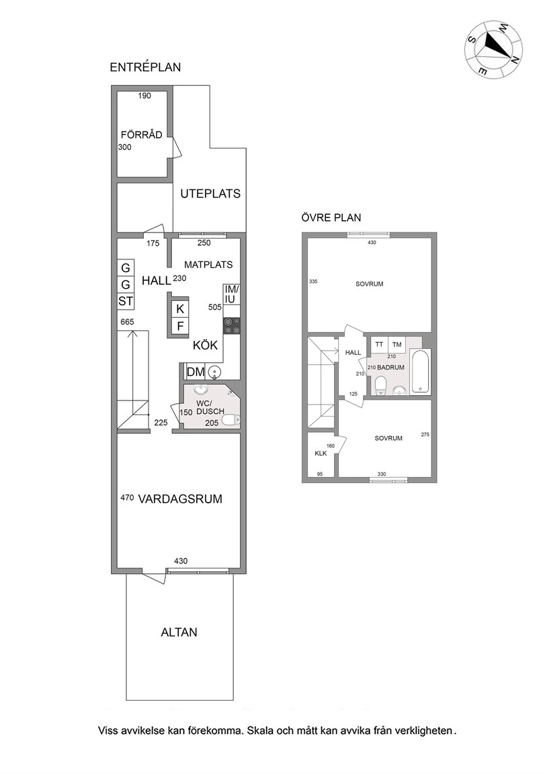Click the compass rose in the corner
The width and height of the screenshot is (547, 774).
click(493, 49)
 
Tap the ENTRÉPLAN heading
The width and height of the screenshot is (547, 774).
click(145, 67)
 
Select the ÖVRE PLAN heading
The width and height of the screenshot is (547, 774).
click(331, 217)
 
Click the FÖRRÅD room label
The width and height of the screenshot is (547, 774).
click(142, 135)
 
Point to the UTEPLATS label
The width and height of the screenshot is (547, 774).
click(210, 193)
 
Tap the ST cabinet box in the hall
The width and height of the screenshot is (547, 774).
click(126, 301)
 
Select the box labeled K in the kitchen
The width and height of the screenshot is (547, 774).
click(180, 310)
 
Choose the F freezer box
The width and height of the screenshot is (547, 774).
click(180, 327)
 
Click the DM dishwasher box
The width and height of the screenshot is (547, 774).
click(196, 372)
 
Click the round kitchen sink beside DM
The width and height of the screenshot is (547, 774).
click(215, 372)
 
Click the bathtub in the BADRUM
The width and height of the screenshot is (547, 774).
click(420, 372)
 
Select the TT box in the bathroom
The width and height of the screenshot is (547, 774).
click(379, 345)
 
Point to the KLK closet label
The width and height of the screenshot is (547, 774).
click(321, 453)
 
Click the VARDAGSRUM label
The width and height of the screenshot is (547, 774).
click(180, 499)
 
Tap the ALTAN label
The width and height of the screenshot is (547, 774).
click(179, 632)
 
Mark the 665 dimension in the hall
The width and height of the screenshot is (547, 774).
click(128, 322)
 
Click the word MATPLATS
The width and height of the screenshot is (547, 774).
click(208, 265)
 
